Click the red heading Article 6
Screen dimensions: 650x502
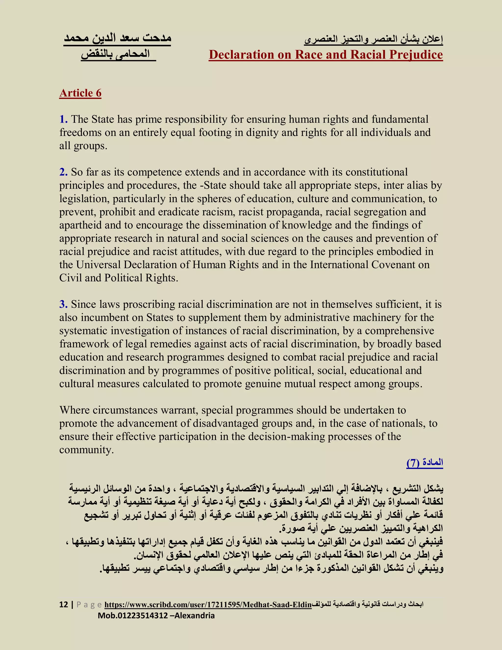click(x=80, y=93)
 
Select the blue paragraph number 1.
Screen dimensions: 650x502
click(x=63, y=119)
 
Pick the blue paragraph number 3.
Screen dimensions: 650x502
click(x=63, y=304)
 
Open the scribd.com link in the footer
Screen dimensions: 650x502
click(x=208, y=605)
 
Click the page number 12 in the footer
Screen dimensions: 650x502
click(x=64, y=605)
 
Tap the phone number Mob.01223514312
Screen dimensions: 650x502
click(x=133, y=616)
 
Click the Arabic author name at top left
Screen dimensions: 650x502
click(x=117, y=39)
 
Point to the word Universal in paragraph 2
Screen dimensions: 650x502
click(x=98, y=265)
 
